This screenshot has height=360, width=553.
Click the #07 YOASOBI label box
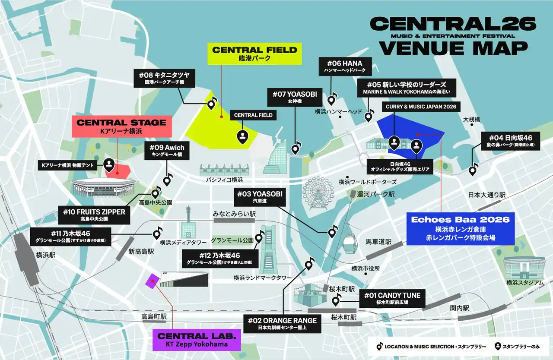295,97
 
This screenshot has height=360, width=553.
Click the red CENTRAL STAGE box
121,126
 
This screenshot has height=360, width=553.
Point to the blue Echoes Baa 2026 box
460,227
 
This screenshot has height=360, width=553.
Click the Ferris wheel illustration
318,193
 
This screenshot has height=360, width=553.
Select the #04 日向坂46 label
511,141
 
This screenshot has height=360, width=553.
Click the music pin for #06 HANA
331,100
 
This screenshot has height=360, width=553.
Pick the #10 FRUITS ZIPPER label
94,215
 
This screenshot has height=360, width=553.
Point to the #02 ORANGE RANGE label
283,324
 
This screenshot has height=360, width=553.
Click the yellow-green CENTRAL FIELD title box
254,54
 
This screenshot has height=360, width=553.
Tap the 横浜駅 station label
46,255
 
